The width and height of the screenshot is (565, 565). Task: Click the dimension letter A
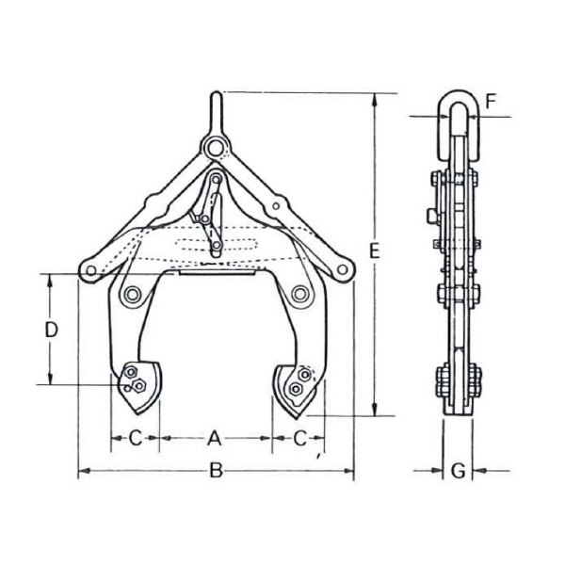pos(215,438)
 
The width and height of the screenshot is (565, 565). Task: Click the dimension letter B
pos(217,471)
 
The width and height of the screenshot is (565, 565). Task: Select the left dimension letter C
pos(136,438)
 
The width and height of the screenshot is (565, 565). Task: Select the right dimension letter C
pos(299,438)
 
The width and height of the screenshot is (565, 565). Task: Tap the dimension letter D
pos(52,330)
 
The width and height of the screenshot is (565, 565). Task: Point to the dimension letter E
pos(375,250)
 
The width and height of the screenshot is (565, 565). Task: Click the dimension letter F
pos(491,102)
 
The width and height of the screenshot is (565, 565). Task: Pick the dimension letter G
pos(459,471)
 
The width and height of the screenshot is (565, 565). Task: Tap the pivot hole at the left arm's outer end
pos(91,270)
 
